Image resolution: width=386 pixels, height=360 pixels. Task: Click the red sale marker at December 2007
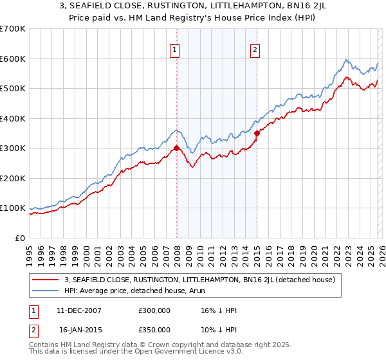point(176,148)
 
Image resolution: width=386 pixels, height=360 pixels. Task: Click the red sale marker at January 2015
point(257,133)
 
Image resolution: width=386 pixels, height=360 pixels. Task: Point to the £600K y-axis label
point(13,59)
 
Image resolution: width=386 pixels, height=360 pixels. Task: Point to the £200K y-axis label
point(13,178)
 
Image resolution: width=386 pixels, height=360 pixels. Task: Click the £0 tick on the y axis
point(19,238)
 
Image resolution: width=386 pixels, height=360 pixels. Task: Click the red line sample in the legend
point(46,280)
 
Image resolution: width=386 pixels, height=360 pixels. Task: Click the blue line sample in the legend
point(46,291)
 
